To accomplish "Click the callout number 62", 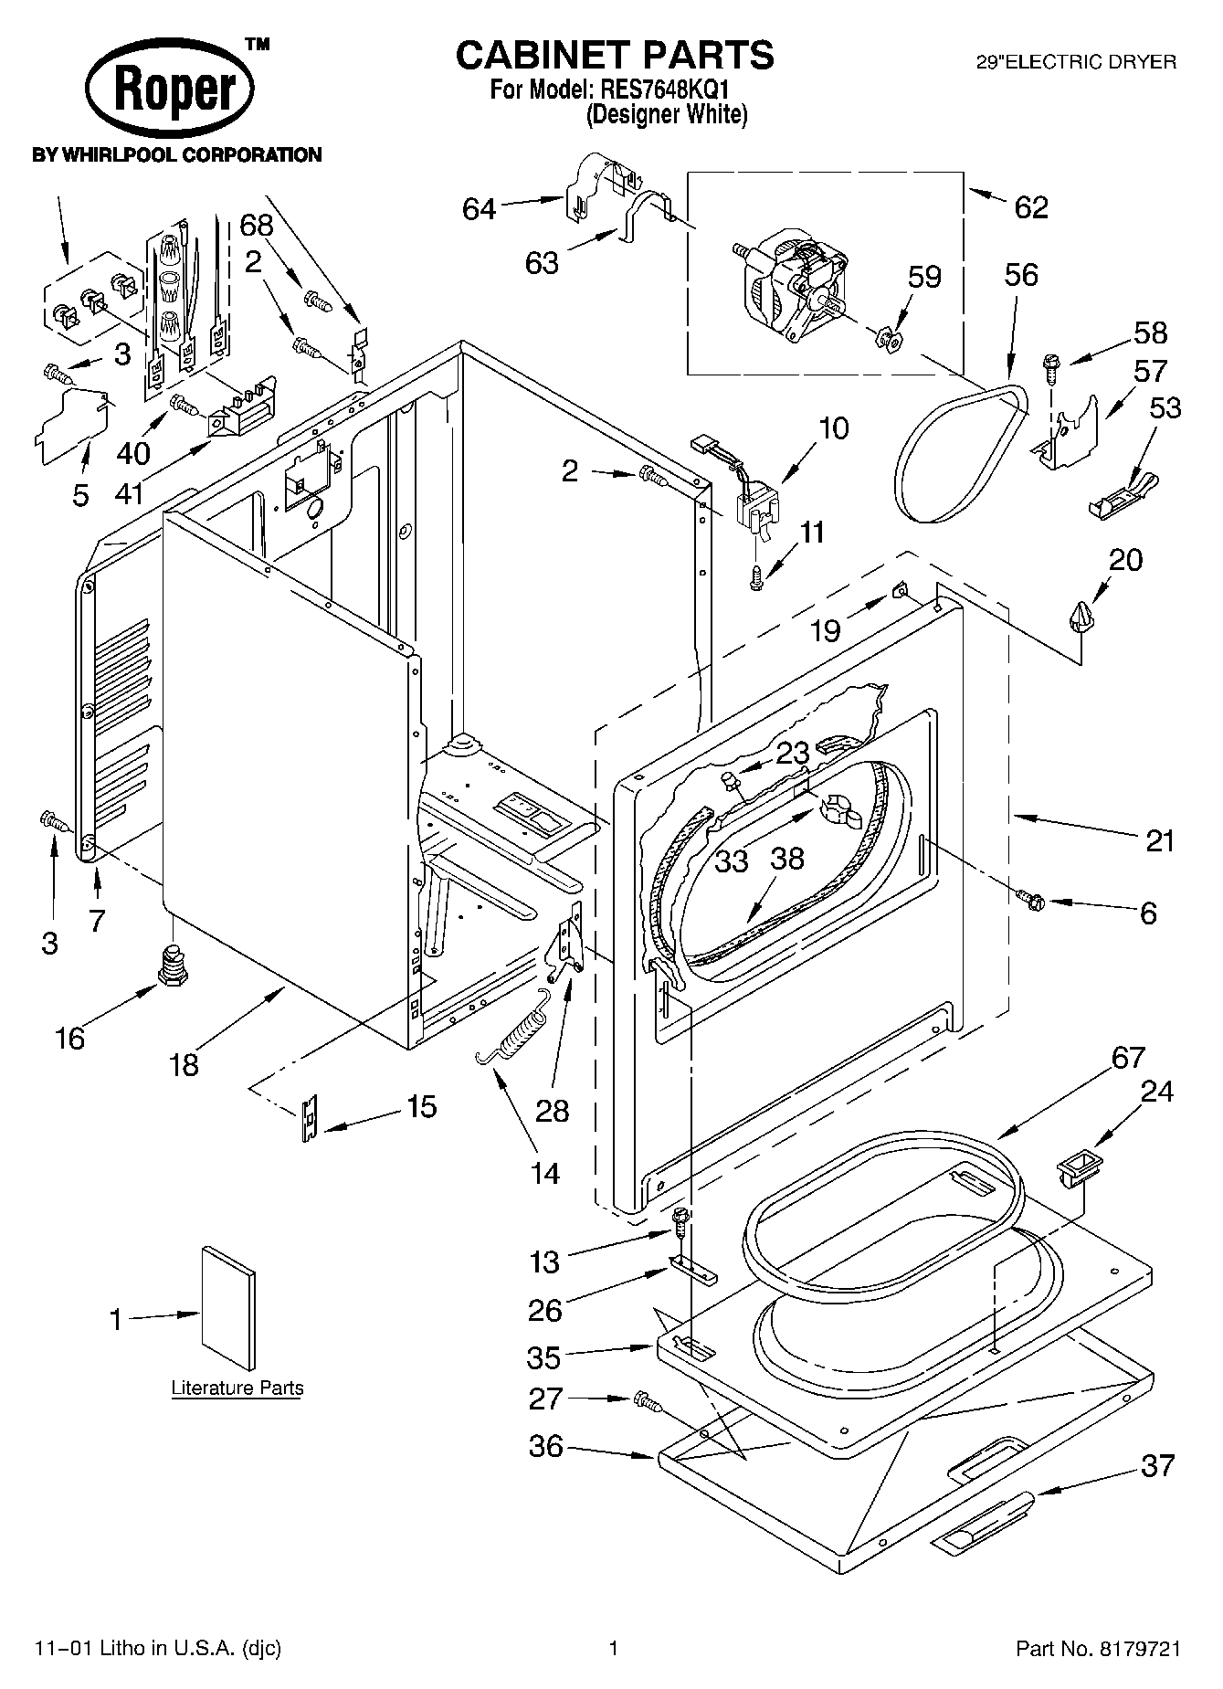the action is pyautogui.click(x=1031, y=207).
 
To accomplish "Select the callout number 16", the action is pyautogui.click(x=69, y=1038).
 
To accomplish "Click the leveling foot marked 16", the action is pyautogui.click(x=172, y=965).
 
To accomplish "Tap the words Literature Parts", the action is pyautogui.click(x=237, y=1388).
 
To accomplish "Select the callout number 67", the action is pyautogui.click(x=1128, y=1057).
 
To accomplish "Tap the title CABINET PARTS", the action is pyautogui.click(x=615, y=55).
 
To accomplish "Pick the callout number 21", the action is pyautogui.click(x=1159, y=840).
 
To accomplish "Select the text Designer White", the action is pyautogui.click(x=667, y=114).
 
